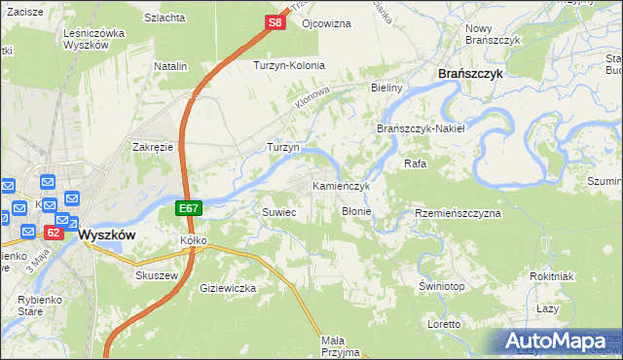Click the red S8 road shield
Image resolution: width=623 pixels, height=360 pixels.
tap(275, 22)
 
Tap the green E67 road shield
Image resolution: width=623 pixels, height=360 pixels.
tap(189, 208)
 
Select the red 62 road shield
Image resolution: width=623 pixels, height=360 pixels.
tap(54, 233)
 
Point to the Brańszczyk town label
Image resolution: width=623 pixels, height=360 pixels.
tap(469, 73)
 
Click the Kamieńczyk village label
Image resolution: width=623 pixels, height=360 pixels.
tap(342, 185)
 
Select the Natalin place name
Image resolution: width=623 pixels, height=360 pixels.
tap(170, 66)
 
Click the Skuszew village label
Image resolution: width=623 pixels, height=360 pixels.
tap(154, 274)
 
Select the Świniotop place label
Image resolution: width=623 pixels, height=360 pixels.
tap(441, 287)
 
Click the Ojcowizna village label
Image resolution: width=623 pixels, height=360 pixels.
tap(326, 22)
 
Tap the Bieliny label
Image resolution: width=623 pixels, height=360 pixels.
tap(386, 88)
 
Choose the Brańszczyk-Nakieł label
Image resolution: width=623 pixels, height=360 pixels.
tap(422, 127)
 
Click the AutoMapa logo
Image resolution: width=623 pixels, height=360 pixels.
tap(558, 341)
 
